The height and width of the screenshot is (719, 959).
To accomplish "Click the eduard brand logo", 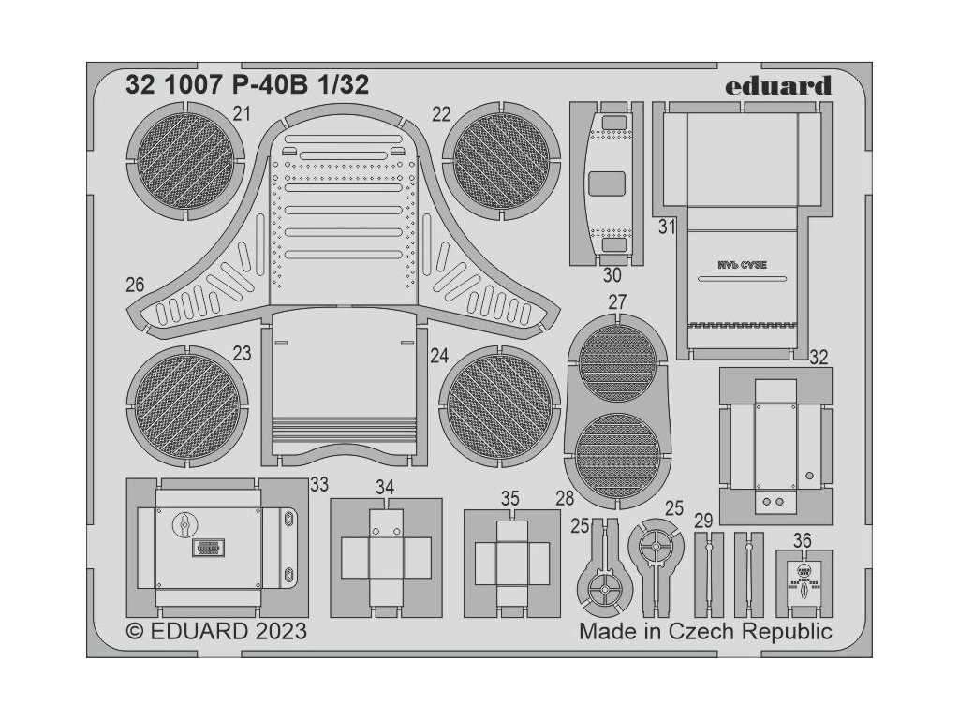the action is [x=777, y=87].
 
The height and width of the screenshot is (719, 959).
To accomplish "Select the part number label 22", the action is [x=441, y=114].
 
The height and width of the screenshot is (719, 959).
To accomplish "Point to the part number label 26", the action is [x=134, y=284].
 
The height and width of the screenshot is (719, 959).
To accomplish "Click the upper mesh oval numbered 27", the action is [x=617, y=362].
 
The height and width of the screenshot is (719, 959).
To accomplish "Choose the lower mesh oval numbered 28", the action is [x=617, y=457].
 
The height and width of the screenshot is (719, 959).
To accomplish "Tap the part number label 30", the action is [x=612, y=275].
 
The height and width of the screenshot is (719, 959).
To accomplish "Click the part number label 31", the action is [x=666, y=227].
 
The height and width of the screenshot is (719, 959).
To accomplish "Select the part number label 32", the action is [x=818, y=357].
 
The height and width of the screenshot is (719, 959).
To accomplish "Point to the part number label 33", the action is [x=318, y=484].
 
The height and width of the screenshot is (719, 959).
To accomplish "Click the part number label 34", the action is [x=385, y=487].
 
